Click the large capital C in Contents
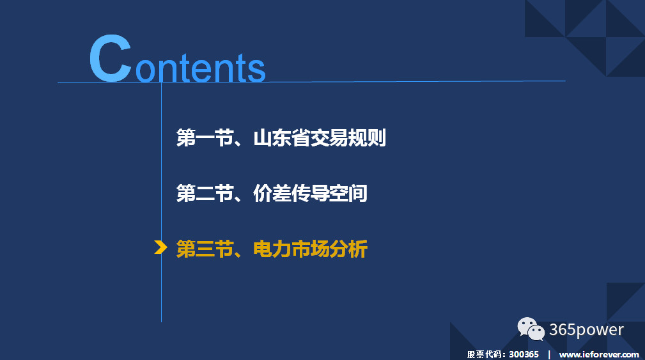(110, 58)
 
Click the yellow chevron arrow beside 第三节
(160, 247)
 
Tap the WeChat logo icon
(531, 329)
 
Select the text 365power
(586, 330)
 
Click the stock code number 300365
(524, 354)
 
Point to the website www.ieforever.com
(599, 355)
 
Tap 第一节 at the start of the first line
(205, 138)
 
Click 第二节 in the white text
(205, 193)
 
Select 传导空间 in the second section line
(329, 193)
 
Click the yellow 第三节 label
(205, 249)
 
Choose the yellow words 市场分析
(329, 249)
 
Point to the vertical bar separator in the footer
(549, 354)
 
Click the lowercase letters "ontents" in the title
(200, 68)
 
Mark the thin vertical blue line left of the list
(161, 202)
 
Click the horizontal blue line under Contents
(311, 82)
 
